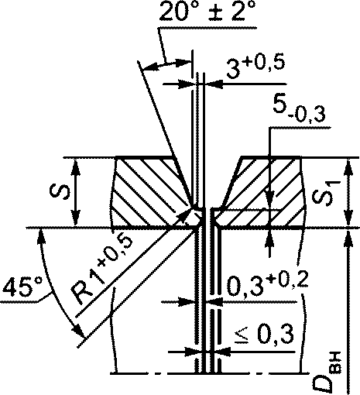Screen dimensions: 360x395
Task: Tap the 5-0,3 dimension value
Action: pos(299,110)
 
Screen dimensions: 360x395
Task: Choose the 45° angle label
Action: pos(22,286)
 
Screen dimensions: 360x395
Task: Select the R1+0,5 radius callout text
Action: pos(101,269)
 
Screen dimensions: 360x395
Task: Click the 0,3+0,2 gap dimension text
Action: pos(267,284)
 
